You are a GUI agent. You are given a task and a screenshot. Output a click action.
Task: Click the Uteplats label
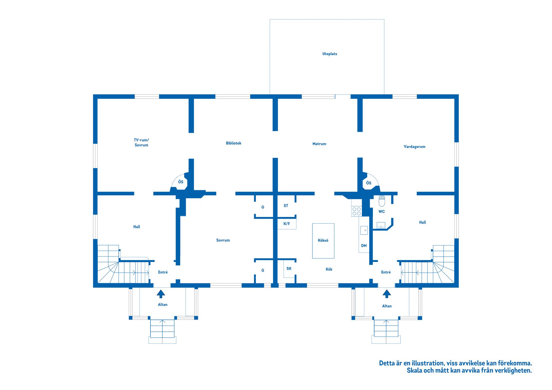[329, 54]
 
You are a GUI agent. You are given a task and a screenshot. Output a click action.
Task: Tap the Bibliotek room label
[233, 143]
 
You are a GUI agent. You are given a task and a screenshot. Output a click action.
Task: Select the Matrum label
[319, 144]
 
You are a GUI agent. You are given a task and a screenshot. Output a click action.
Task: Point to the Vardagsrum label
[414, 147]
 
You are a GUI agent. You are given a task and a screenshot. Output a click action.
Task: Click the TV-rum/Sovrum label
[141, 143]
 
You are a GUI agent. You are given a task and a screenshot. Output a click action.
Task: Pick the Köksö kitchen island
[323, 241]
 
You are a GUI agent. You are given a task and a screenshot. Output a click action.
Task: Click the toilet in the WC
[382, 201]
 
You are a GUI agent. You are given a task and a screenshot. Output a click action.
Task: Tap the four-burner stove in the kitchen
[356, 211]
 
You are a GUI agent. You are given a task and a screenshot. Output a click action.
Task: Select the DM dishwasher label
[364, 246]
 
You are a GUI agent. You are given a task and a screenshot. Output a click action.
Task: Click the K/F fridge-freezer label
[287, 224]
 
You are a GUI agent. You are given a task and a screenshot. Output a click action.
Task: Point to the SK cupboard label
[289, 268]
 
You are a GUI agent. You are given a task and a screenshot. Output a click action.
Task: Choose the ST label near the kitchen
[286, 206]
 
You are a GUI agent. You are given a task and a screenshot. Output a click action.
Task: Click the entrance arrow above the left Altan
[161, 293]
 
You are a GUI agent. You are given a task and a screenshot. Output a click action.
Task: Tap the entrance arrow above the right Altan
[387, 293]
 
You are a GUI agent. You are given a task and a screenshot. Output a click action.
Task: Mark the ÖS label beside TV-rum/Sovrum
[181, 182]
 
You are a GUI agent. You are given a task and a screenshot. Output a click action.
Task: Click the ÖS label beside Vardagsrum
[369, 183]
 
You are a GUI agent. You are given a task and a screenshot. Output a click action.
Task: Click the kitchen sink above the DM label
[364, 230]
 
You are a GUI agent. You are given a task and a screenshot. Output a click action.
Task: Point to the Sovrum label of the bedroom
[223, 240]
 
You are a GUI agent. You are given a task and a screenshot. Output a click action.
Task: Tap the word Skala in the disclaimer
[414, 370]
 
